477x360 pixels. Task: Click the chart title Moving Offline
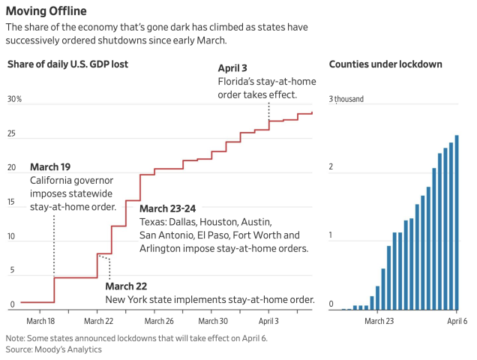[46, 11]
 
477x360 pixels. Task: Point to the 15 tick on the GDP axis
[11, 202]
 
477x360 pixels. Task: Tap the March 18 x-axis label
[40, 320]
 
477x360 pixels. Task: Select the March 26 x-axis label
[155, 320]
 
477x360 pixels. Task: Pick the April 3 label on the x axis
[268, 320]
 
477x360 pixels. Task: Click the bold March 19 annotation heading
[50, 166]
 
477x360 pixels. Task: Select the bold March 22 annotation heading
[126, 286]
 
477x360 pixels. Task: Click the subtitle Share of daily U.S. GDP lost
[68, 64]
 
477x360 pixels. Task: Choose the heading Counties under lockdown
[385, 64]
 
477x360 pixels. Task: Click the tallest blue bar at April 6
[457, 222]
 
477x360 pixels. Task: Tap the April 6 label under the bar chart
[457, 320]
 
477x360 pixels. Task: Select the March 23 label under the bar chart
[379, 320]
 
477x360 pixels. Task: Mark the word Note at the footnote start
[15, 338]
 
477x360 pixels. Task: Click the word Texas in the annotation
[152, 223]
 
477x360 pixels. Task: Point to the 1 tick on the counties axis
[331, 236]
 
